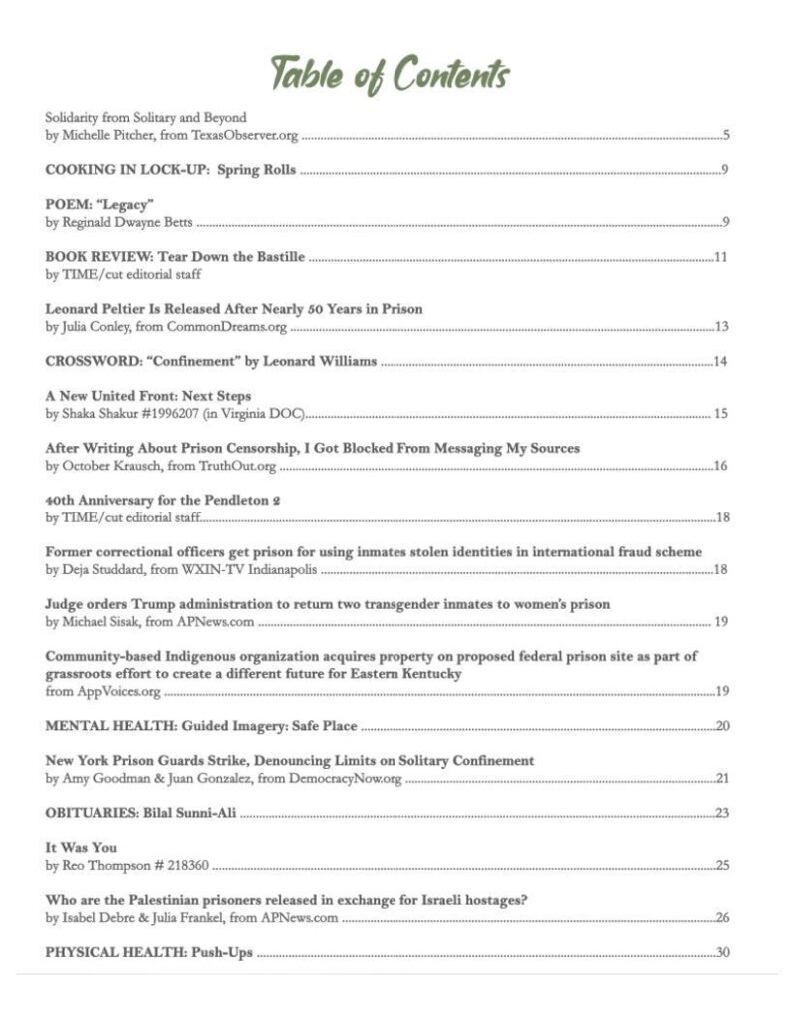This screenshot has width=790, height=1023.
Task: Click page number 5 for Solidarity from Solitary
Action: coord(727,133)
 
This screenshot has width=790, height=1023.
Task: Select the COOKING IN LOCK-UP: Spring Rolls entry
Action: coord(171,169)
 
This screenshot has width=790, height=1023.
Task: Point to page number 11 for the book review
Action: coord(721,257)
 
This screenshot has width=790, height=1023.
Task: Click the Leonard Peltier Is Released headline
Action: coord(234,309)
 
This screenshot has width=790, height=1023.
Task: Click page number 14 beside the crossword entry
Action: coord(721,361)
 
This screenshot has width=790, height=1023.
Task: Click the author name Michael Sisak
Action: coord(102,622)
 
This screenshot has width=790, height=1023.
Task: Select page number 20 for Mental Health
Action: coord(722,726)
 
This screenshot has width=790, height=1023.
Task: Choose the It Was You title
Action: coord(81,848)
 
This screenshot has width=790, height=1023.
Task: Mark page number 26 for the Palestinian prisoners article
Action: coord(722,917)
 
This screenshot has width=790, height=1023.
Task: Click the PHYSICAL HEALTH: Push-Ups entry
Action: coord(149,952)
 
